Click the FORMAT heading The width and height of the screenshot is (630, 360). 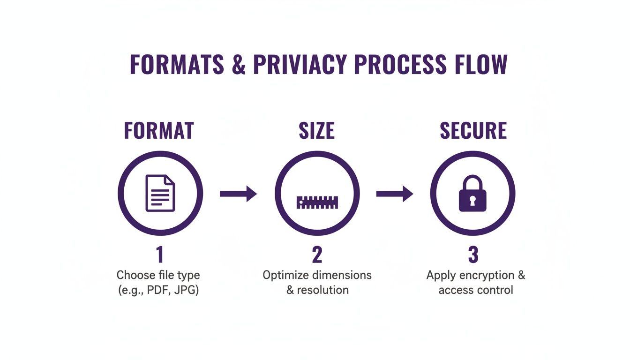pyautogui.click(x=159, y=131)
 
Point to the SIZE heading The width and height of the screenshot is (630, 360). pyautogui.click(x=316, y=131)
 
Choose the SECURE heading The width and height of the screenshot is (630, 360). pyautogui.click(x=473, y=131)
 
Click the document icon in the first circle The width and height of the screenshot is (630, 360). pyautogui.click(x=160, y=193)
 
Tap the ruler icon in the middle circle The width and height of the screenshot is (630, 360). pyautogui.click(x=317, y=202)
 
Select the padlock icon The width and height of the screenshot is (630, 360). pyautogui.click(x=472, y=194)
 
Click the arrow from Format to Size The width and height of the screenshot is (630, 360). pyautogui.click(x=238, y=193)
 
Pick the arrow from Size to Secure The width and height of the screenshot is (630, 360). pyautogui.click(x=394, y=193)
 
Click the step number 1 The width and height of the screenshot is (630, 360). pyautogui.click(x=160, y=255)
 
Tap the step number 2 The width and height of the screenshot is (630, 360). pyautogui.click(x=317, y=255)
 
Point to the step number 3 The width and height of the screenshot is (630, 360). pyautogui.click(x=473, y=255)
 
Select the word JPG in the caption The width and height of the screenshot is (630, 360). pyautogui.click(x=186, y=290)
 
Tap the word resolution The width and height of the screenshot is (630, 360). pyautogui.click(x=323, y=290)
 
